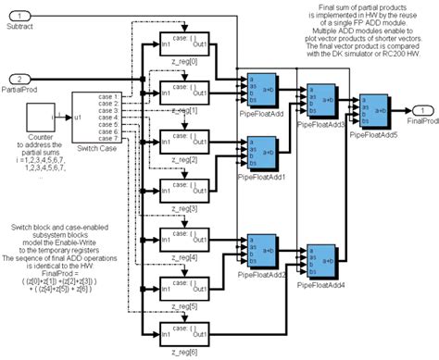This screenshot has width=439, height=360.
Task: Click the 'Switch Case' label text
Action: pos(96,151)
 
